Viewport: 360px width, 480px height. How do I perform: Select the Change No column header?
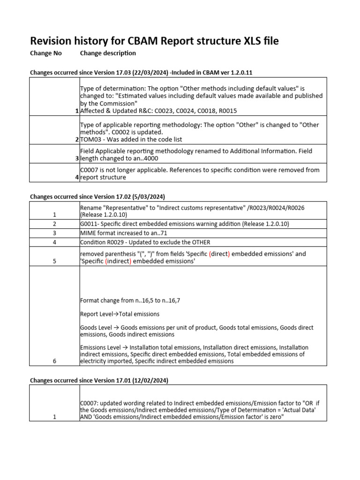[46, 53]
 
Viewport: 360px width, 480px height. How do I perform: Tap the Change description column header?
[108, 53]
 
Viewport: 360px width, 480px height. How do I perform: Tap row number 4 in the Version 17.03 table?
[77, 178]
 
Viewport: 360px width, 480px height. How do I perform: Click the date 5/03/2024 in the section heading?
[150, 196]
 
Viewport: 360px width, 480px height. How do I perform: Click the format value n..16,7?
[168, 300]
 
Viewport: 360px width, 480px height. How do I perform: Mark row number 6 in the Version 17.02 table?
[54, 361]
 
